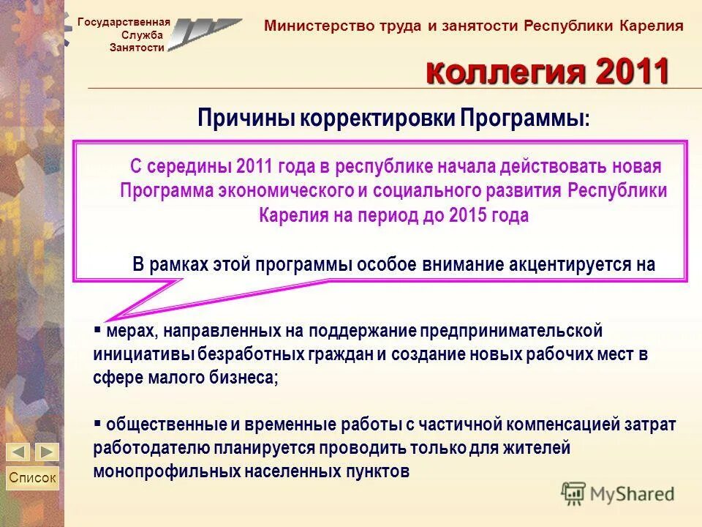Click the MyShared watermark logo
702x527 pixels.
pyautogui.click(x=618, y=493)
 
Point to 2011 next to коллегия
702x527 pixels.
pyautogui.click(x=633, y=72)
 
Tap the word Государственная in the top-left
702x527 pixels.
pyautogui.click(x=124, y=22)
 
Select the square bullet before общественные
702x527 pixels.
pyautogui.click(x=97, y=422)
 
